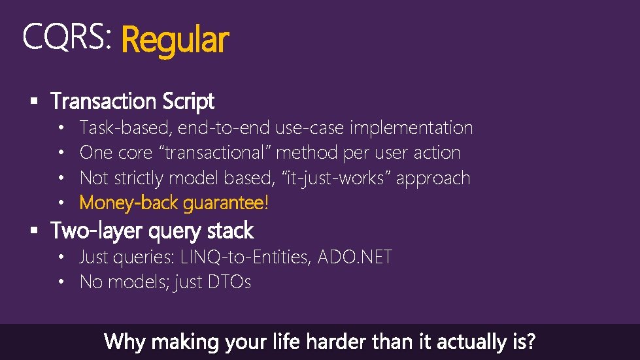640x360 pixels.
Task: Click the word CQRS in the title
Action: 64,37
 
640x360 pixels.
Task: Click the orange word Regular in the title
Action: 175,40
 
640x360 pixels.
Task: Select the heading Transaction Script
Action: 133,101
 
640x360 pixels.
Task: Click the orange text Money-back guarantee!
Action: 174,203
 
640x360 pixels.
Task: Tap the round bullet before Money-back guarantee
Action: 60,203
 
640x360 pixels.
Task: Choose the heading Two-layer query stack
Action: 152,231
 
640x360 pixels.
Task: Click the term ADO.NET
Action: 355,257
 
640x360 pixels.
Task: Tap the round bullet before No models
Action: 60,282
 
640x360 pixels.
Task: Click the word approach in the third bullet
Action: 433,178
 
